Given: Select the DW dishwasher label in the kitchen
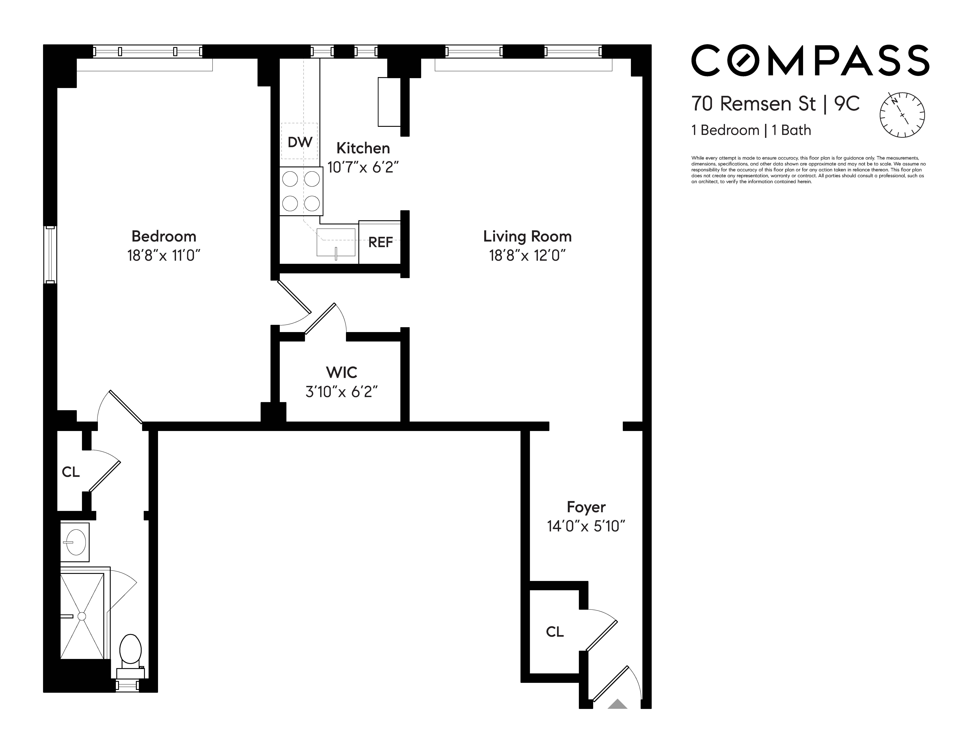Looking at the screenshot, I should point(300,142).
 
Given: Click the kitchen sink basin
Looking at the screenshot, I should point(335,242).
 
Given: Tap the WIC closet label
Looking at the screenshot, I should point(341,372).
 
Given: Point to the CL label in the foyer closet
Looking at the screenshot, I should point(555,631).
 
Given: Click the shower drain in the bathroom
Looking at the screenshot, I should point(82,616).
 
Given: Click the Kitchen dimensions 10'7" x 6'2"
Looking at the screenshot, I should point(363,167).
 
